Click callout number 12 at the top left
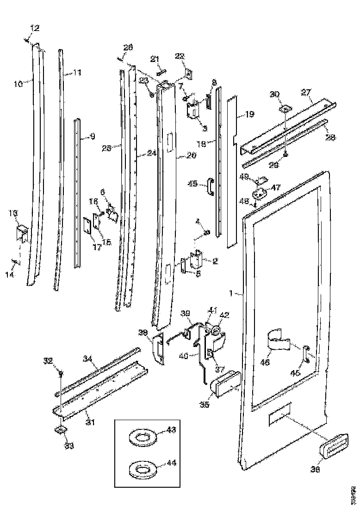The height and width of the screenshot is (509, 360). [x=35, y=29]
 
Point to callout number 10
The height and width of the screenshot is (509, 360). [x=19, y=84]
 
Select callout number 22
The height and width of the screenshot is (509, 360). [x=179, y=56]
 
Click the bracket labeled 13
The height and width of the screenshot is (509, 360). [x=22, y=233]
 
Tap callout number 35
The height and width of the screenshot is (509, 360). [x=205, y=404]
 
